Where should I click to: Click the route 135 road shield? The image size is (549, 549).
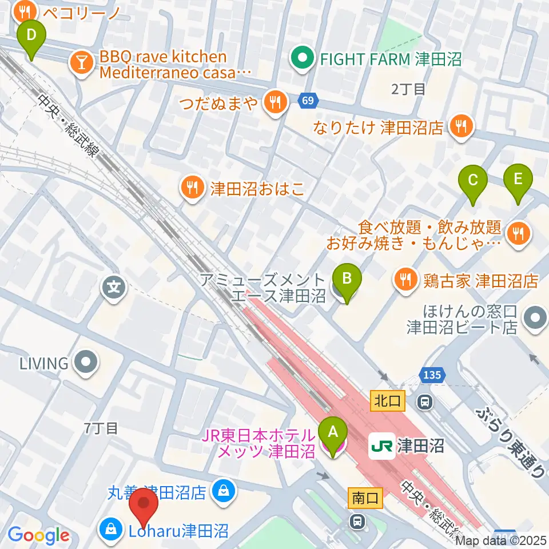(431, 375)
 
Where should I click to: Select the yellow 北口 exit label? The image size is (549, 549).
(388, 401)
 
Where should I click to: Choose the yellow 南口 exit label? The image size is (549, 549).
(364, 498)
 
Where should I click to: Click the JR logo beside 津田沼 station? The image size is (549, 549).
(381, 444)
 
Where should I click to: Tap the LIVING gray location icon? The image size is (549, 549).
(87, 363)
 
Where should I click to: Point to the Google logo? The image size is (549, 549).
(39, 536)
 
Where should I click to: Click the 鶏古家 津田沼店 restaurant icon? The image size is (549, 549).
(405, 280)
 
